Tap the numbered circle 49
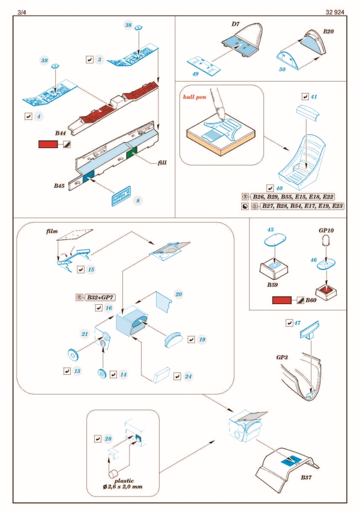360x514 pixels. pyautogui.click(x=195, y=74)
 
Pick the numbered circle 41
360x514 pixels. pyautogui.click(x=314, y=96)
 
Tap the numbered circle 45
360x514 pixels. pyautogui.click(x=271, y=230)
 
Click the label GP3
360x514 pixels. pyautogui.click(x=284, y=357)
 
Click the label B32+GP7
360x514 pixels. pyautogui.click(x=100, y=296)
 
